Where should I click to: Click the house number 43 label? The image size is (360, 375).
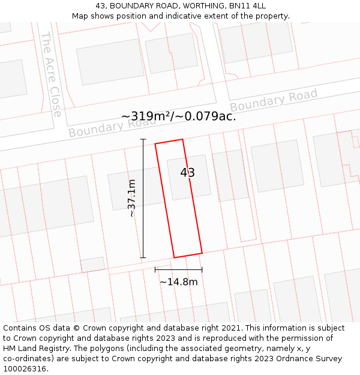pos(187,173)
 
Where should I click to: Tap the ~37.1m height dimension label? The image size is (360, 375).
pos(132,198)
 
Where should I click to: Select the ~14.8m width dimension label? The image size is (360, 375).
pos(178,282)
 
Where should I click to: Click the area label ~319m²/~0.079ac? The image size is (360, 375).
pos(179,116)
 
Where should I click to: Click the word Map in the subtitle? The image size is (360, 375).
pos(80,16)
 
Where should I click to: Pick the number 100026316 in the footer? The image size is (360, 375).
pos(24,369)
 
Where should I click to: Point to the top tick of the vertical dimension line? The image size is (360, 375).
pos(143,139)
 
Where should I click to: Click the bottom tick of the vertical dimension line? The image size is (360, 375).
pos(143,258)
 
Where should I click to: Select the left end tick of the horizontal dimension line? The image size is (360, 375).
pos(155,270)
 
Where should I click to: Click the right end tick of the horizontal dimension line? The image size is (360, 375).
pos(202,270)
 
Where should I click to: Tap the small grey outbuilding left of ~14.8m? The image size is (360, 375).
pos(92,265)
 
